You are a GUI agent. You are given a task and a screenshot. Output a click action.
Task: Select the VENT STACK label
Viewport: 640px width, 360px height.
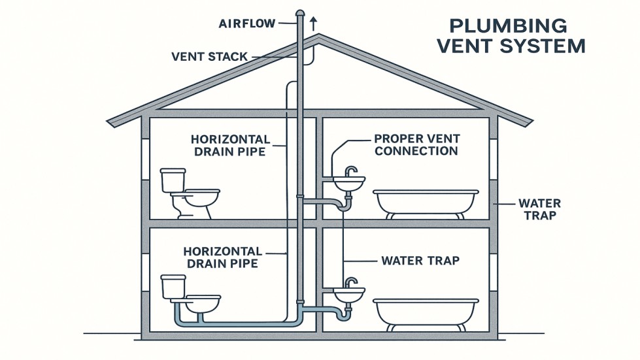[x=209, y=57]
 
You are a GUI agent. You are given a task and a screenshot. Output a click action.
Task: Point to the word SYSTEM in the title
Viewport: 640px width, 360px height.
[x=547, y=46]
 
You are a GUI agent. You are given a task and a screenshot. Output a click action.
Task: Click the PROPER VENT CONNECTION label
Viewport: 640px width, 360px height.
[x=416, y=145]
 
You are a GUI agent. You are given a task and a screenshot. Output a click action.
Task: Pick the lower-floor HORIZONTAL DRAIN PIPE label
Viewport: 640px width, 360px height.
[x=222, y=257]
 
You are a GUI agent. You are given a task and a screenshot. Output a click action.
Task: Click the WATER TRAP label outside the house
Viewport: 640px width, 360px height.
[x=539, y=209]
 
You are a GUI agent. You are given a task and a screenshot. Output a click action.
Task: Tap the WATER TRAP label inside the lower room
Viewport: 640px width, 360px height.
[x=420, y=261]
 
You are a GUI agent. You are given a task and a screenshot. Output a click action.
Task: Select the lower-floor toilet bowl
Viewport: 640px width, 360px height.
[x=203, y=304]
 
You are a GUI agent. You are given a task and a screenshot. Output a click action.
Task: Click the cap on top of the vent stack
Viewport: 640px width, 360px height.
[x=299, y=12]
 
